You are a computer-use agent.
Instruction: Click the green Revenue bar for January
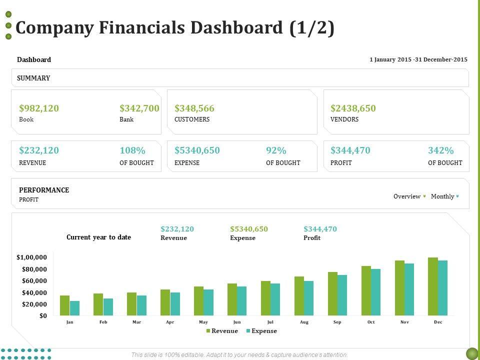click(x=64, y=305)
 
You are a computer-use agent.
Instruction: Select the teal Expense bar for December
click(x=442, y=288)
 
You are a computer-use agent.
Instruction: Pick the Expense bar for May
click(x=208, y=302)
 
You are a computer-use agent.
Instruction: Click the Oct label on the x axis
click(x=371, y=322)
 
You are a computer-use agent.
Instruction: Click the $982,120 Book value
click(x=39, y=108)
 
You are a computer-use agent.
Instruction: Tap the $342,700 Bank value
click(x=139, y=108)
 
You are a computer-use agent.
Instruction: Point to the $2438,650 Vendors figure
click(x=353, y=108)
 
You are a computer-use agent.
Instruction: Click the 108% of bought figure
click(x=132, y=150)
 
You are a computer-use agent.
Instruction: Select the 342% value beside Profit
click(x=441, y=150)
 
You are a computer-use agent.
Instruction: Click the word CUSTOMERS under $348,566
click(x=192, y=120)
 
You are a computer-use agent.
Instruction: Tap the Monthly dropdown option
click(x=443, y=196)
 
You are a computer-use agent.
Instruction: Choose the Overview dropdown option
click(x=407, y=196)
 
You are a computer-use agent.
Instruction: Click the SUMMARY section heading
click(x=33, y=78)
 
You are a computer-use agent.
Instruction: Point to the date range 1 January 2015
click(x=418, y=59)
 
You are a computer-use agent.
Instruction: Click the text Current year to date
click(x=98, y=237)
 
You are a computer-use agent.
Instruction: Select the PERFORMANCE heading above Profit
click(x=44, y=190)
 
